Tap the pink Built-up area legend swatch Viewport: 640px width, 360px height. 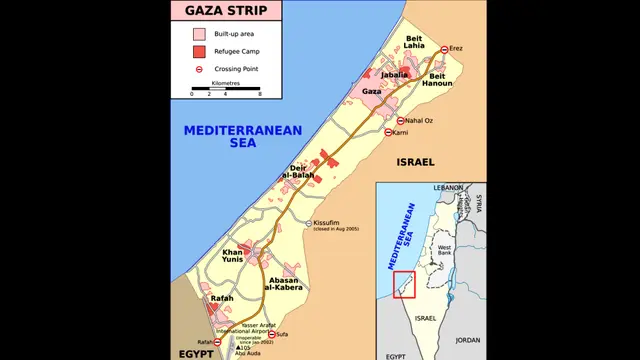(198, 33)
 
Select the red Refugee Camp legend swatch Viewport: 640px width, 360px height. (198, 51)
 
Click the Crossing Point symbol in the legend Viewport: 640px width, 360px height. (198, 69)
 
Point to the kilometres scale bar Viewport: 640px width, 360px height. (225, 89)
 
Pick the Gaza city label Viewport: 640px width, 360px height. (372, 92)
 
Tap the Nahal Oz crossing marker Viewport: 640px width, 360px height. (401, 121)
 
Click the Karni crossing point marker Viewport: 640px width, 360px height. (388, 132)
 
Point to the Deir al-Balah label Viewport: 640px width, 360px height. (298, 171)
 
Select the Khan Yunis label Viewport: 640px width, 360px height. (232, 256)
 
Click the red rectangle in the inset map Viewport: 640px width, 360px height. (404, 285)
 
